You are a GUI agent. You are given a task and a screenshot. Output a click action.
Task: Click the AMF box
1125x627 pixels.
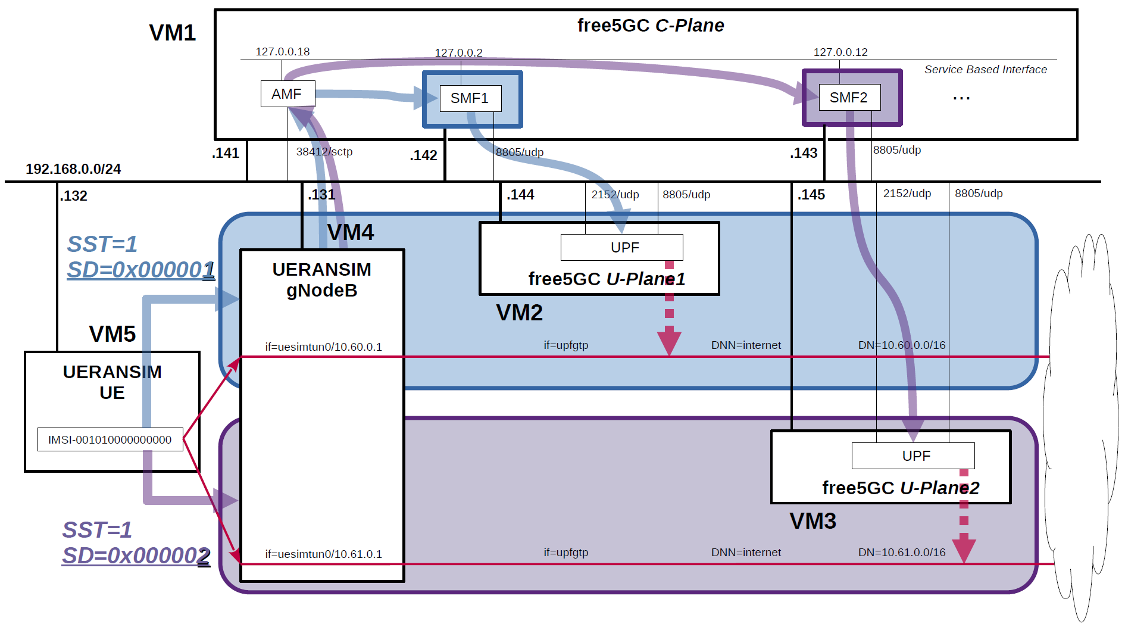pyautogui.click(x=287, y=94)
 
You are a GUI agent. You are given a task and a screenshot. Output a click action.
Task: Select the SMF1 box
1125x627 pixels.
pyautogui.click(x=470, y=98)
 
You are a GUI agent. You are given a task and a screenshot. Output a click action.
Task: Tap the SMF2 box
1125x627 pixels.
pyautogui.click(x=849, y=98)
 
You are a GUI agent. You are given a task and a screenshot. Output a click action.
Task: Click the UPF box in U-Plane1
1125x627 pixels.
pyautogui.click(x=622, y=248)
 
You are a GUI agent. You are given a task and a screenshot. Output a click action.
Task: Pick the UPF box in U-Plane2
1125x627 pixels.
pyautogui.click(x=913, y=456)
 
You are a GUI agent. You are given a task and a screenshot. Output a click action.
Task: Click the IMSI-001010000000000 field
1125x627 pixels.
pyautogui.click(x=110, y=439)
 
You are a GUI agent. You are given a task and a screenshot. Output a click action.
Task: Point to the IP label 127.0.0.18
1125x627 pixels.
pyautogui.click(x=283, y=52)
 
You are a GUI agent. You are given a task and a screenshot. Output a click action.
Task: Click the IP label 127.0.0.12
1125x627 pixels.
pyautogui.click(x=840, y=52)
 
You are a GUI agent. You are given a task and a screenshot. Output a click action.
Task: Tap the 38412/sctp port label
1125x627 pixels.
pyautogui.click(x=324, y=152)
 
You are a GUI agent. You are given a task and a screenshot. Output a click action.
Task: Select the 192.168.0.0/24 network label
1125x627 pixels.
pyautogui.click(x=73, y=169)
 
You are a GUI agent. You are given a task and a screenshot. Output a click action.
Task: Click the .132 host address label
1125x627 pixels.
pyautogui.click(x=74, y=196)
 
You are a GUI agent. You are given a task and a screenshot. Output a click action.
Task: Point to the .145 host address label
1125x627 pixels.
pyautogui.click(x=811, y=195)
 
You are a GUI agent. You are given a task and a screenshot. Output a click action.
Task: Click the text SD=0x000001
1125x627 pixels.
pyautogui.click(x=140, y=270)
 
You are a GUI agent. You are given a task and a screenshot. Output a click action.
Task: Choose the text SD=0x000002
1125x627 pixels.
pyautogui.click(x=136, y=556)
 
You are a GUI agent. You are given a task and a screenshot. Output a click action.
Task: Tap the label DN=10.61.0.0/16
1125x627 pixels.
pyautogui.click(x=902, y=553)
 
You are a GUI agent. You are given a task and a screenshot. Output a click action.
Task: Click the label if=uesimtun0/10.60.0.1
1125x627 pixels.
pyautogui.click(x=323, y=347)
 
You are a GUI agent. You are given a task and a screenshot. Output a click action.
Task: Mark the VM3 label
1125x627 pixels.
pyautogui.click(x=812, y=521)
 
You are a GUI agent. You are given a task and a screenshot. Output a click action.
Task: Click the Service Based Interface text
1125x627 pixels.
pyautogui.click(x=985, y=70)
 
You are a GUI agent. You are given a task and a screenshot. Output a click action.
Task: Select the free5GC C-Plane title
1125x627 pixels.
pyautogui.click(x=651, y=26)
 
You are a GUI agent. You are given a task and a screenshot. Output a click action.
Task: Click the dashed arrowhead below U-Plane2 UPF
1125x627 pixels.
pyautogui.click(x=964, y=549)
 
